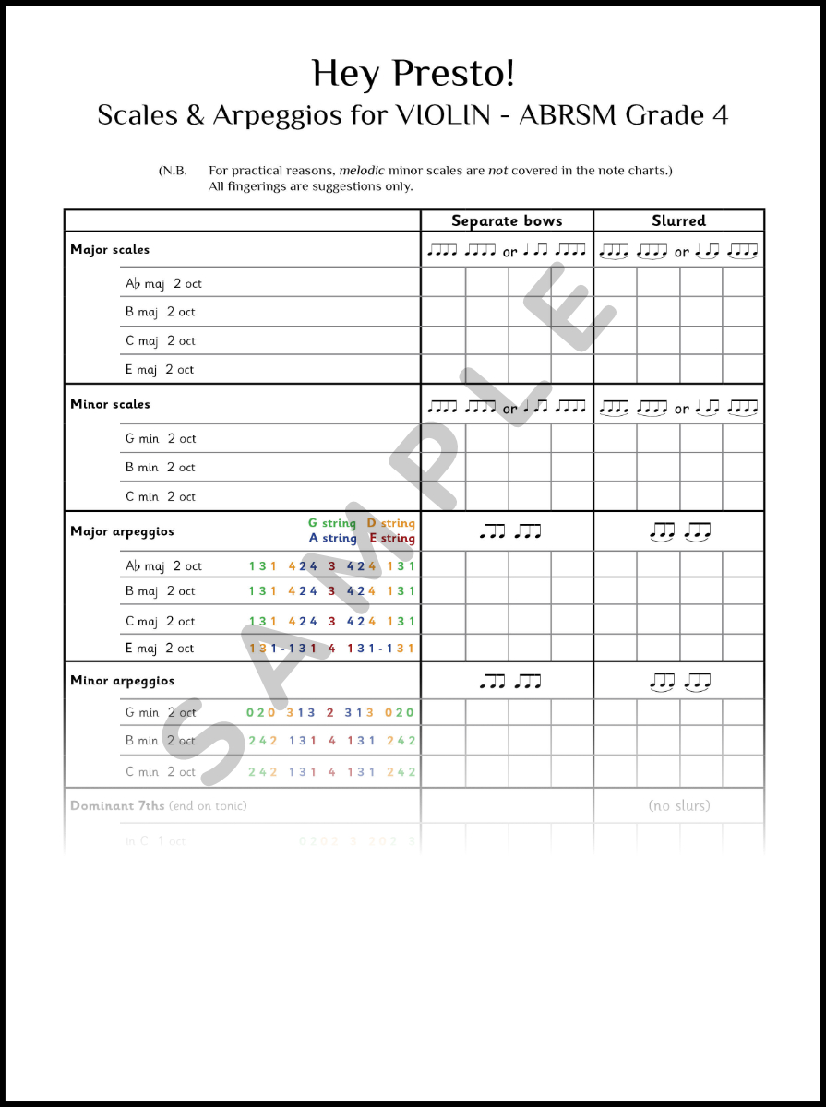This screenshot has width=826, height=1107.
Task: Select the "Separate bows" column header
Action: [x=507, y=221]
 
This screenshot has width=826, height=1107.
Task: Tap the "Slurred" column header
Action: [x=678, y=221]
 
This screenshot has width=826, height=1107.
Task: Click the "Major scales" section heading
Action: [x=110, y=250]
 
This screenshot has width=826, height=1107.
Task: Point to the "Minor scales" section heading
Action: [x=110, y=404]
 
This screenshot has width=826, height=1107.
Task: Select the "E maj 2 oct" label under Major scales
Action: [x=160, y=370]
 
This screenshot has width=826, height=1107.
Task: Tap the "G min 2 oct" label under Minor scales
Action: [x=161, y=439]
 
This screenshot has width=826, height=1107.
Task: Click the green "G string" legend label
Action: [x=332, y=524]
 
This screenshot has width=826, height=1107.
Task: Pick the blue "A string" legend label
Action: [x=332, y=538]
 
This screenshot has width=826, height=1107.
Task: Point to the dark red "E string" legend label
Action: [x=392, y=538]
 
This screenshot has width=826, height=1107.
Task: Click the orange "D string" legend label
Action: [x=391, y=524]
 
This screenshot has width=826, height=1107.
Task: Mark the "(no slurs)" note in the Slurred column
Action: [x=679, y=806]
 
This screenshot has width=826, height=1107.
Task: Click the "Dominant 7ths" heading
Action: [x=117, y=806]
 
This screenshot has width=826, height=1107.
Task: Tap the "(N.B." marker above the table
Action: [x=173, y=171]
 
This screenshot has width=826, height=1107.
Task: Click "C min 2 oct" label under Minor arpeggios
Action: [x=161, y=772]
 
